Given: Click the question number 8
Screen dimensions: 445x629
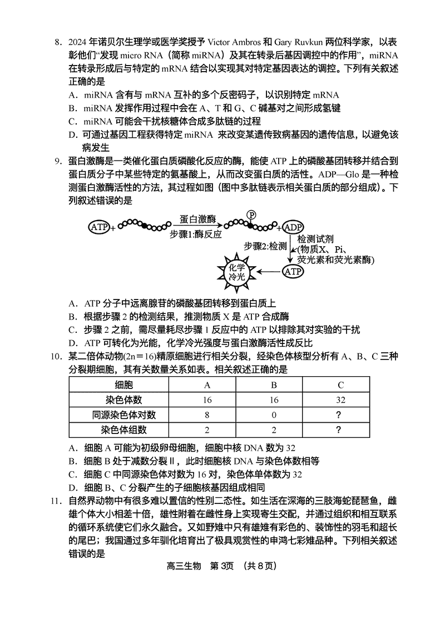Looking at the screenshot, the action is pos(58,42).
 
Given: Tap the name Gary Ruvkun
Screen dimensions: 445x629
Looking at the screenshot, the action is pos(298,42).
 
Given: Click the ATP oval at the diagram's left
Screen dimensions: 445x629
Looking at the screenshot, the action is pos(99,227).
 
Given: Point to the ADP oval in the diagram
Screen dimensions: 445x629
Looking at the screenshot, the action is pos(293,227).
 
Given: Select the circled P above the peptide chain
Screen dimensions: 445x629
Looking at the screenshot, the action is pos(251,214).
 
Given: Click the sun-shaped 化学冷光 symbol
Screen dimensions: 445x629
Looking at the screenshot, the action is pos(236,272).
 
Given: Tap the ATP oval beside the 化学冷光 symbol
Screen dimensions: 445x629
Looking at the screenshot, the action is pos(293,272).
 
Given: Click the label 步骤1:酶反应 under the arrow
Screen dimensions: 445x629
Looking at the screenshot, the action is pos(196,234).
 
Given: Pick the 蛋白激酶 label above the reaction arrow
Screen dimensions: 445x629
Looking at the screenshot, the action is pos(197,218).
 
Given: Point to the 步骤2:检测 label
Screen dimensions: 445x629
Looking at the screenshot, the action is pos(265,246).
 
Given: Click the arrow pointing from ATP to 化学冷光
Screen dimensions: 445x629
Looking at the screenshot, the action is pos(269,272).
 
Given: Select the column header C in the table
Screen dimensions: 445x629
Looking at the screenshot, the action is pos(340,385).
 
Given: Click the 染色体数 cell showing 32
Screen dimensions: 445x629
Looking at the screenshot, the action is pos(340,400).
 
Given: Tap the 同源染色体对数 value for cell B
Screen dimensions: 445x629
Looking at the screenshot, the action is pos(274,415).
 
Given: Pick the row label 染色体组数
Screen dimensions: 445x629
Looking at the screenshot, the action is pos(123,430).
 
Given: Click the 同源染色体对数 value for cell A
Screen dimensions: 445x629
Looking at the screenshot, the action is pos(207,415).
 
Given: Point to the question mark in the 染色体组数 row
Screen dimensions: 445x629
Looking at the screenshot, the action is pos(339,430).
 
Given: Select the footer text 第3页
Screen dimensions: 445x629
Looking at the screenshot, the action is pos(222,566).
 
